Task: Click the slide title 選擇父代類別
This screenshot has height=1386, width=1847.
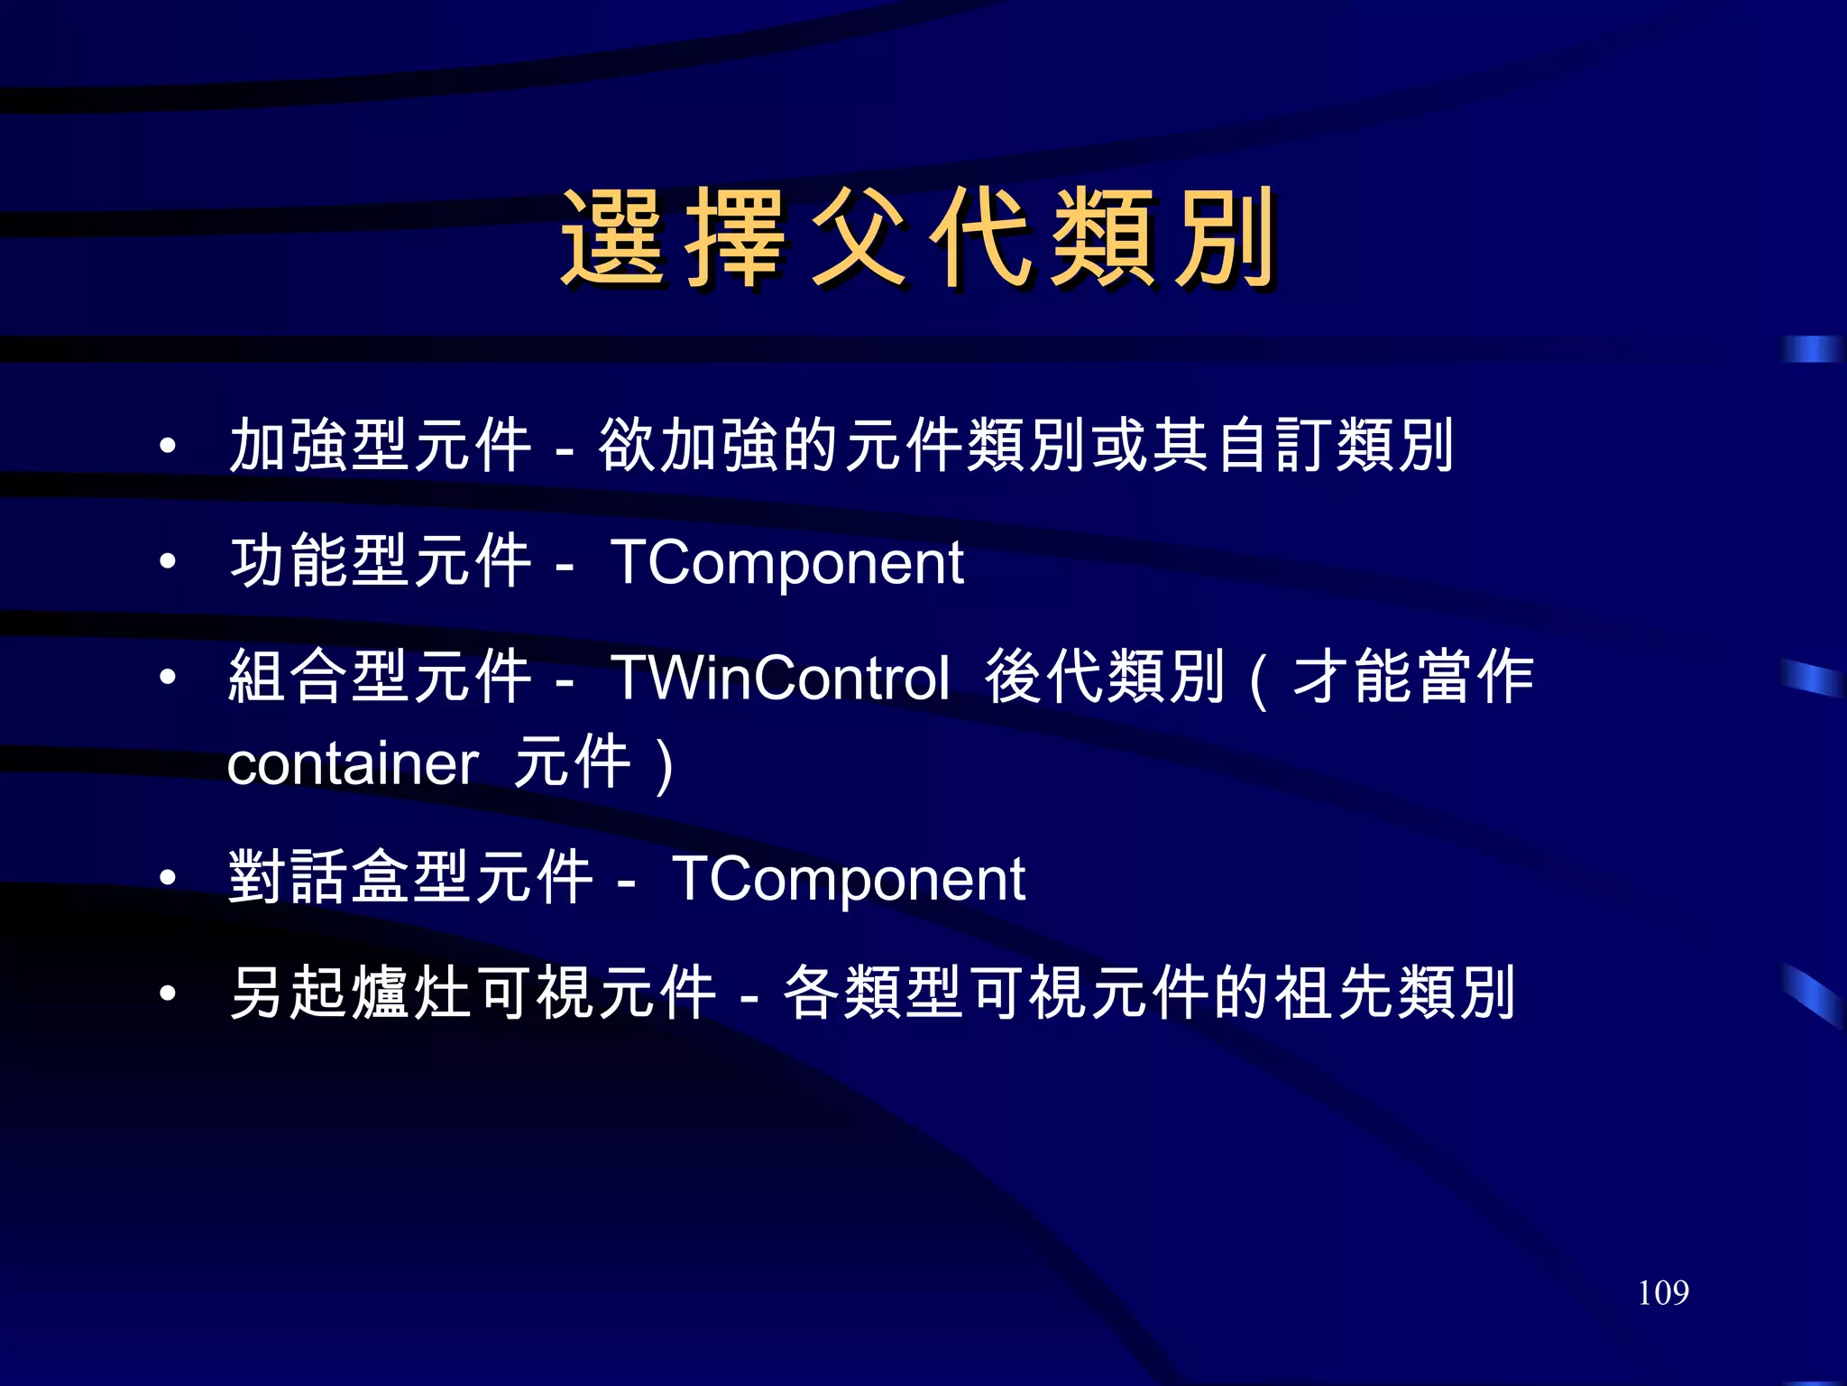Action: point(918,238)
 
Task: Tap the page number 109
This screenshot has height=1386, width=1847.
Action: point(1663,1293)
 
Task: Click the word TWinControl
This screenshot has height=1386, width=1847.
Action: point(780,678)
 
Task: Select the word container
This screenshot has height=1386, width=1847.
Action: point(352,763)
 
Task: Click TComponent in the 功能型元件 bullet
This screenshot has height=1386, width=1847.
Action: point(787,562)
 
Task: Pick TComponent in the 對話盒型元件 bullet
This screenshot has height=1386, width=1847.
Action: point(849,878)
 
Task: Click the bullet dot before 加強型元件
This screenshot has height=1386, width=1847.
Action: point(167,445)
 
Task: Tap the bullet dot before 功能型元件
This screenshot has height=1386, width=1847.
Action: point(167,561)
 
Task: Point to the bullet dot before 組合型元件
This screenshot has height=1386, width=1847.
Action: point(167,677)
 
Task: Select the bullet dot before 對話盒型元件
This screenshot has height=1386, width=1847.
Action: point(167,877)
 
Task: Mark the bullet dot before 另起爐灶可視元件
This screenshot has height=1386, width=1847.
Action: point(167,993)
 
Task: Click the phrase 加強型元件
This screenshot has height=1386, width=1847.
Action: point(381,445)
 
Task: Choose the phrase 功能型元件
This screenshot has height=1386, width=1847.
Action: point(381,561)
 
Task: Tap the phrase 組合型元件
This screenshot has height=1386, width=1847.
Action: point(381,677)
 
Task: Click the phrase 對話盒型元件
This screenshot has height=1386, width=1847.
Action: point(411,877)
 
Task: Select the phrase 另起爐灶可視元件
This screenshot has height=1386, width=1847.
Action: point(473,993)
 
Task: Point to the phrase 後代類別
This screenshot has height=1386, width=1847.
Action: point(1105,677)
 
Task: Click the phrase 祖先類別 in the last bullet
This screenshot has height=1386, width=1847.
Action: point(1394,993)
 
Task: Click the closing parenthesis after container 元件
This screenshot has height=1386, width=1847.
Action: point(665,765)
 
